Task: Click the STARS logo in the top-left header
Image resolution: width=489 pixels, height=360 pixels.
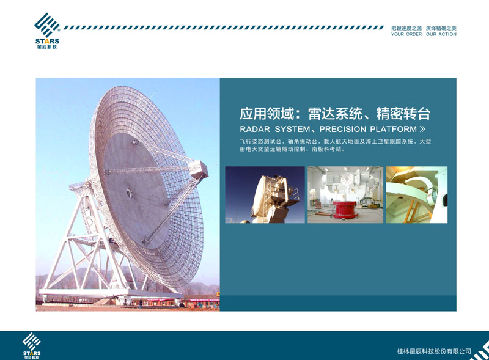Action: click(47, 31)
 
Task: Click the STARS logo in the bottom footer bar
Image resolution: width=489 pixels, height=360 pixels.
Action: click(32, 346)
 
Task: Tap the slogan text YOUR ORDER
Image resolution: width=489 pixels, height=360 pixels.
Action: click(406, 34)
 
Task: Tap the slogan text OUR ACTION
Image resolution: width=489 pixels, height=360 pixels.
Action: click(441, 34)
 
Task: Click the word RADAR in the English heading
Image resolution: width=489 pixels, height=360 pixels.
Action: click(255, 129)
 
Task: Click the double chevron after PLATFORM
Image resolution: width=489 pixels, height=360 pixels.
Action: click(422, 129)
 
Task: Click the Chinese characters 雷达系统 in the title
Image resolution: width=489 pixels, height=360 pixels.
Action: click(335, 114)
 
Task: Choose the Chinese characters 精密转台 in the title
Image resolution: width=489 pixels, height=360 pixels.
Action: click(403, 114)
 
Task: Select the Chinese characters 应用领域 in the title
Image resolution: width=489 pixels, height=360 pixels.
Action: click(267, 114)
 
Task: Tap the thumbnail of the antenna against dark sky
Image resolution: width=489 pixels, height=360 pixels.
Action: click(265, 194)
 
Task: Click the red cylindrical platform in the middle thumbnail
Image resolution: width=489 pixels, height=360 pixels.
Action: click(344, 209)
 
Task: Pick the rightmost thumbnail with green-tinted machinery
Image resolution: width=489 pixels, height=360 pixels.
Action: click(417, 194)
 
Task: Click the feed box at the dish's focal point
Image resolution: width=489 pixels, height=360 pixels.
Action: click(199, 169)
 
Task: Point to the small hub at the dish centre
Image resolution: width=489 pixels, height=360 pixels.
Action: click(129, 193)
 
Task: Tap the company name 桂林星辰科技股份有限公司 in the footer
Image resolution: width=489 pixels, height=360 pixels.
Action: click(434, 351)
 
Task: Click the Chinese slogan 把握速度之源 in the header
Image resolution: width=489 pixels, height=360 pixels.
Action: click(406, 28)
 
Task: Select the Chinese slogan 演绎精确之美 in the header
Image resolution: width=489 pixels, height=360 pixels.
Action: click(441, 28)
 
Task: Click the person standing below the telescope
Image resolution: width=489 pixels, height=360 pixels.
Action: click(141, 304)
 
